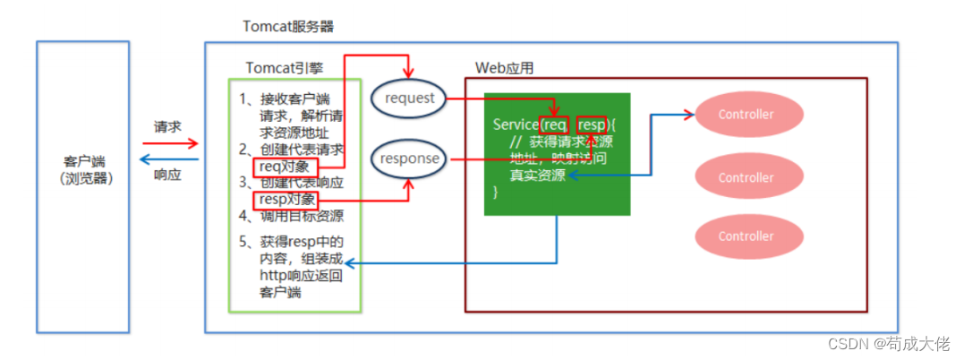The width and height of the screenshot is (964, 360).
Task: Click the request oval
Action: [409, 98]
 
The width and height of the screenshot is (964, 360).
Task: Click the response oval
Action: [409, 159]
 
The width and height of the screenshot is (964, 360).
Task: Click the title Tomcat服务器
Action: [288, 26]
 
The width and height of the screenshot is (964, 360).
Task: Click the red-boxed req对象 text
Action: [286, 166]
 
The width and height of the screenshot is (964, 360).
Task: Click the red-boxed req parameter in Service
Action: [555, 124]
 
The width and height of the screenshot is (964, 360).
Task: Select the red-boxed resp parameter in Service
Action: [591, 124]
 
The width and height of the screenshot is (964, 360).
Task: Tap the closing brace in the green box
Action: [496, 193]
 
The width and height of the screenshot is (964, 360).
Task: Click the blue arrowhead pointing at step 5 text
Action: [351, 263]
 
